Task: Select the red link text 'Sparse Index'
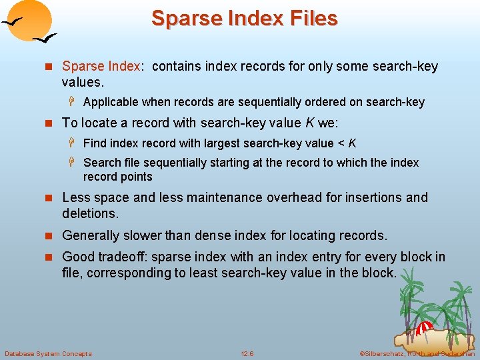point(101,66)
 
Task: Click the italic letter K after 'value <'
point(352,143)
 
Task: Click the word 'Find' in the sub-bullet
point(95,143)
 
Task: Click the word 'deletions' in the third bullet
point(89,213)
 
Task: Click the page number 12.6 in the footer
point(247,353)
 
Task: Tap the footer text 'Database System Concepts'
point(48,353)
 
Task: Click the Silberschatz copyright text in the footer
point(417,353)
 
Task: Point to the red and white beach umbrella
point(424,328)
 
